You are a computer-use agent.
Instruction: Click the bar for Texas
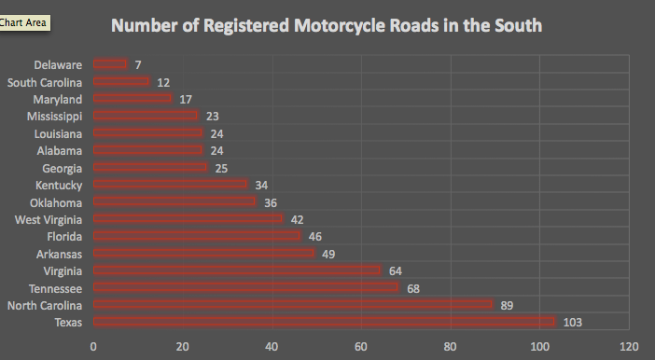tap(324, 322)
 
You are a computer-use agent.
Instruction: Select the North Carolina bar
tap(293, 305)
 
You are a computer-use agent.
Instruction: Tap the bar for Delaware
tap(110, 64)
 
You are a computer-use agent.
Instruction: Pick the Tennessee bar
tap(245, 287)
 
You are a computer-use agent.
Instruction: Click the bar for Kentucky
tap(170, 185)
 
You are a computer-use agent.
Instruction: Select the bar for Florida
tap(197, 236)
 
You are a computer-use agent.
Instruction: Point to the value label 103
tap(572, 323)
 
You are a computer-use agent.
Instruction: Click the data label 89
tap(507, 305)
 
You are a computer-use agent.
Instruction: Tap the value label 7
tap(138, 65)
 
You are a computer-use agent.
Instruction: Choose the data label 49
tap(328, 254)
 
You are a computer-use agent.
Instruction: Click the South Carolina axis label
tap(45, 82)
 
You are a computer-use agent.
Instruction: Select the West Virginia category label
tap(49, 219)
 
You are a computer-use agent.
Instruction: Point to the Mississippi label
tap(55, 117)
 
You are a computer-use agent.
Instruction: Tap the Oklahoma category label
tap(55, 202)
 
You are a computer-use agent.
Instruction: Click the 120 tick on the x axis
tap(629, 347)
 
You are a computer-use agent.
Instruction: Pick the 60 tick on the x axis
tap(361, 347)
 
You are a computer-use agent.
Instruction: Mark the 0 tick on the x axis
tap(93, 347)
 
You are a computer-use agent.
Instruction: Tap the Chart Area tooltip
tap(24, 21)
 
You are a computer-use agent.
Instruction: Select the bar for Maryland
tap(132, 99)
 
